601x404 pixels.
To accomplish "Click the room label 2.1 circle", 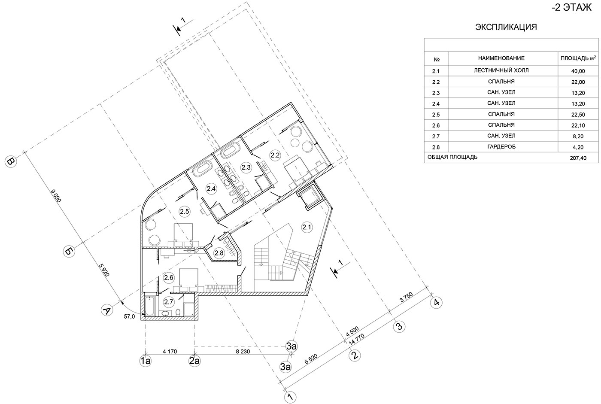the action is click(x=307, y=228).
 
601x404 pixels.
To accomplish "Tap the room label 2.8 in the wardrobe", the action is click(x=219, y=253).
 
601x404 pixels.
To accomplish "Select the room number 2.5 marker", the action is click(x=184, y=212).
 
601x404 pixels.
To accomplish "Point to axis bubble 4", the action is click(x=436, y=303).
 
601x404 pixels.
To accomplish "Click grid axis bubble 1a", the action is click(x=146, y=361).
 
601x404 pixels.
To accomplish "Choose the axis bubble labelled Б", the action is click(x=69, y=252).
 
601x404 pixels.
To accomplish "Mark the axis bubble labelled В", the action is click(x=11, y=162).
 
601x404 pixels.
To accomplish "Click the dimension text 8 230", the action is click(x=243, y=352).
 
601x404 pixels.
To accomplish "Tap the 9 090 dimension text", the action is click(x=56, y=196).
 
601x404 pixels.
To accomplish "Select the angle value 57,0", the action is click(x=129, y=316).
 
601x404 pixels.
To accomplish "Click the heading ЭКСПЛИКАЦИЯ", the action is click(x=506, y=27).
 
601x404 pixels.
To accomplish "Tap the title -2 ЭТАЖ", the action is click(x=571, y=7).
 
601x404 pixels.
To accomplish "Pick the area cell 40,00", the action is click(x=578, y=71).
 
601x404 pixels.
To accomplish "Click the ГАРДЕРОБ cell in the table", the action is click(x=501, y=147).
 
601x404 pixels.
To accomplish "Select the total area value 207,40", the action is click(x=578, y=158).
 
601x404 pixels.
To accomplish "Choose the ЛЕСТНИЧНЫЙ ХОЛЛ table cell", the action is click(x=501, y=70).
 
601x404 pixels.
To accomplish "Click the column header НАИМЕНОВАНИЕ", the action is click(x=501, y=58).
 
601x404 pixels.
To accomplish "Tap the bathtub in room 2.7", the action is click(x=150, y=306).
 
